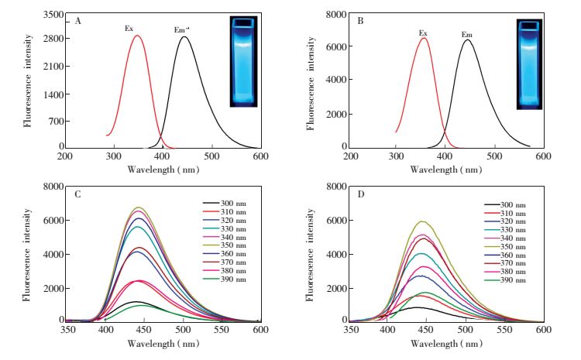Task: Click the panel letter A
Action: click(x=77, y=21)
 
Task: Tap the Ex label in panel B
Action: click(x=423, y=33)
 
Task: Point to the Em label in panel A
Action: click(x=180, y=30)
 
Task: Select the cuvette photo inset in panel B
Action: click(x=531, y=63)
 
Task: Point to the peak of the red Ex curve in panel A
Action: click(x=136, y=36)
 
